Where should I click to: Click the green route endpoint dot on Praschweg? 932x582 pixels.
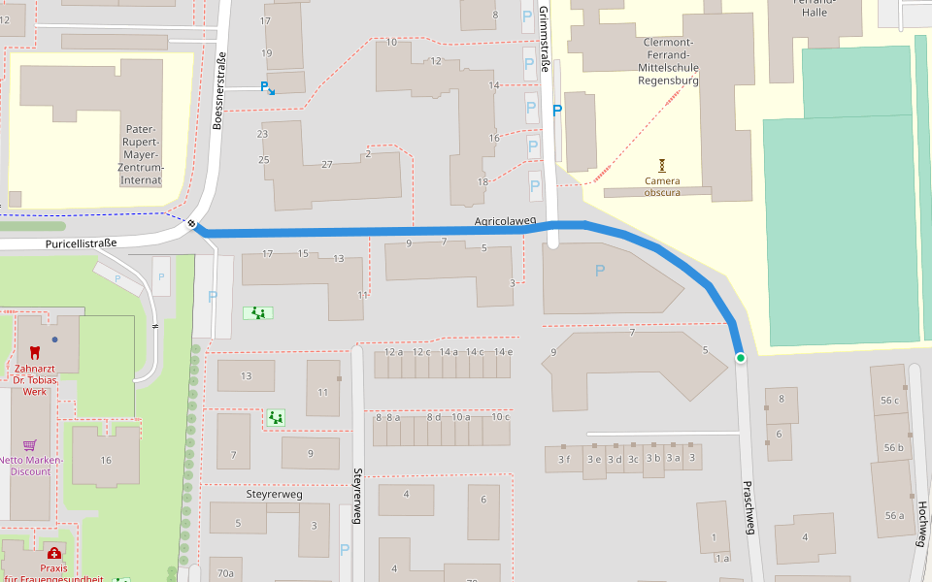(740, 358)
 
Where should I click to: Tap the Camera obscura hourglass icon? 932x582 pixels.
(662, 165)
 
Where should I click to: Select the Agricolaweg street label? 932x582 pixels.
(505, 221)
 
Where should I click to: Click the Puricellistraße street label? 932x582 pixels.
(81, 243)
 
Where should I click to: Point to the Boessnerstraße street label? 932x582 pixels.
(219, 89)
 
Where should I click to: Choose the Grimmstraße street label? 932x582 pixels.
(545, 40)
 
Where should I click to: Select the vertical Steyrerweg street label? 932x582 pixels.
(357, 497)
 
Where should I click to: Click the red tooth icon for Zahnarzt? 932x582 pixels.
(36, 353)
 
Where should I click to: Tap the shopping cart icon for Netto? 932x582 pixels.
(30, 445)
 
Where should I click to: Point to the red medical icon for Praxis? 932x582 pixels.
(53, 553)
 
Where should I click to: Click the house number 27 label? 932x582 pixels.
(326, 164)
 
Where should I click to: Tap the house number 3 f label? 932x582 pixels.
(564, 459)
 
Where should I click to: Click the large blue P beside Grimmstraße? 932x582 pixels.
(557, 111)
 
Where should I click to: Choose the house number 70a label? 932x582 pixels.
(225, 573)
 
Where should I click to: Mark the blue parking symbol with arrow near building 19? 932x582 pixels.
(267, 87)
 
